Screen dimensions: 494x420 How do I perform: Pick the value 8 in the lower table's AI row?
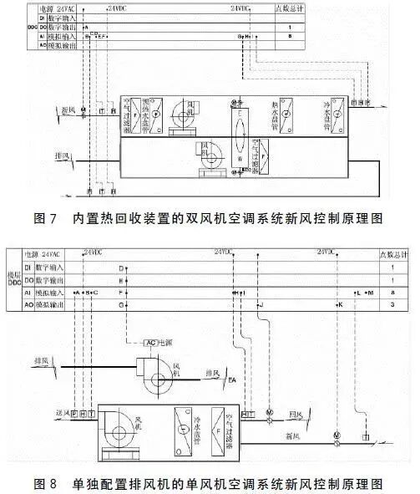(393, 293)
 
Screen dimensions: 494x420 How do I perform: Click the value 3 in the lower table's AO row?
(393, 307)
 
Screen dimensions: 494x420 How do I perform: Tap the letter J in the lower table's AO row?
(261, 307)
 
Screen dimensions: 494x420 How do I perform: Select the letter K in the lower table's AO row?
(340, 307)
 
